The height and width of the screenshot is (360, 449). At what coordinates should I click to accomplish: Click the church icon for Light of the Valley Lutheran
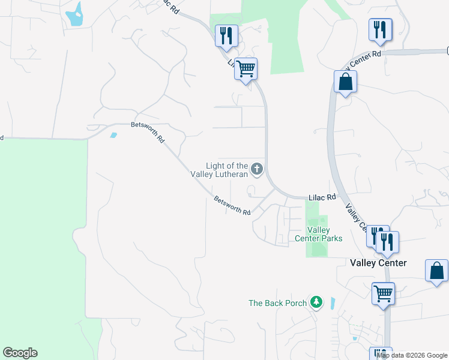coord(258,169)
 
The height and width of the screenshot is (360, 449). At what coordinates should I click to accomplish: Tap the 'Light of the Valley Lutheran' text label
coord(227,170)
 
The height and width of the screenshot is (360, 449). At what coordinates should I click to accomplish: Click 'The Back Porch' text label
coord(277,303)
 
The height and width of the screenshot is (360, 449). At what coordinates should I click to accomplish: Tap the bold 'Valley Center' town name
coord(378,263)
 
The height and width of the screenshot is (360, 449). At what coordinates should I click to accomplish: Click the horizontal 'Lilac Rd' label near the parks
coord(321,197)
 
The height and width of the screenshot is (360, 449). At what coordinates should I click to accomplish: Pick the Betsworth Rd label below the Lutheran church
coord(232,206)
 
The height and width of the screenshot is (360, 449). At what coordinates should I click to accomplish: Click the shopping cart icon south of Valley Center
coord(383,293)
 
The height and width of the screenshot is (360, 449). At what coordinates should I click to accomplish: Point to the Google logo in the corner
coord(20,353)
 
